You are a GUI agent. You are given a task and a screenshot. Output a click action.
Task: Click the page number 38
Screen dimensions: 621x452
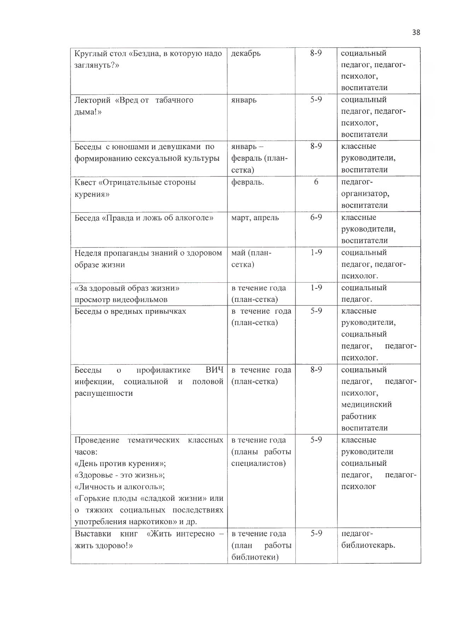[416, 33]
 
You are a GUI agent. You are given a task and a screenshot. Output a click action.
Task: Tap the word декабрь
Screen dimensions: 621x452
[246, 53]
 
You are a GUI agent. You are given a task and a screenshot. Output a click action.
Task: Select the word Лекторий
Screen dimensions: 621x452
[93, 100]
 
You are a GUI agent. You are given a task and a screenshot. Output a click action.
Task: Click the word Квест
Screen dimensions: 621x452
[85, 182]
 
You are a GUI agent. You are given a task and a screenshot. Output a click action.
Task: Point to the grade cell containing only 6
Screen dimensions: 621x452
[316, 182]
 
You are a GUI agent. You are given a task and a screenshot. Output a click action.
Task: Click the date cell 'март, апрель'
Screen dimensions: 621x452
[255, 217]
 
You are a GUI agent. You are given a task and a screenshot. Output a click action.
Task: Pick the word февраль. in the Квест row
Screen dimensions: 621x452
[247, 182]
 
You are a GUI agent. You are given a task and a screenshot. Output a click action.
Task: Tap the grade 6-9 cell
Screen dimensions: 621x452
[316, 217]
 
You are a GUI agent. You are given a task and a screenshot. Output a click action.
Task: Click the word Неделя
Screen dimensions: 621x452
[88, 253]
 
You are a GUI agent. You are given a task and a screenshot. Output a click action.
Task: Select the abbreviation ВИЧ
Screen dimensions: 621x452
[214, 370]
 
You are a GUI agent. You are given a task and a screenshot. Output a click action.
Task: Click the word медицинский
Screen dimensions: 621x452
[366, 404]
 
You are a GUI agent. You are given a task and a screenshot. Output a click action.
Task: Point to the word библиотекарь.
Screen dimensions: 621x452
[368, 545]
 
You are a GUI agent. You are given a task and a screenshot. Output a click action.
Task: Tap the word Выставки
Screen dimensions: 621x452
[93, 534]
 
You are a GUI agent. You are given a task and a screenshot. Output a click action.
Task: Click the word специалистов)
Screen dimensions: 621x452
[258, 463]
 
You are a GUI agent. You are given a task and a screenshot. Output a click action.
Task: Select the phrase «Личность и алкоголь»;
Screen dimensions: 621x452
[120, 487]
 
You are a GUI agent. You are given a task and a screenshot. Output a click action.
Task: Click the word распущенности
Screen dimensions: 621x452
[104, 393]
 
